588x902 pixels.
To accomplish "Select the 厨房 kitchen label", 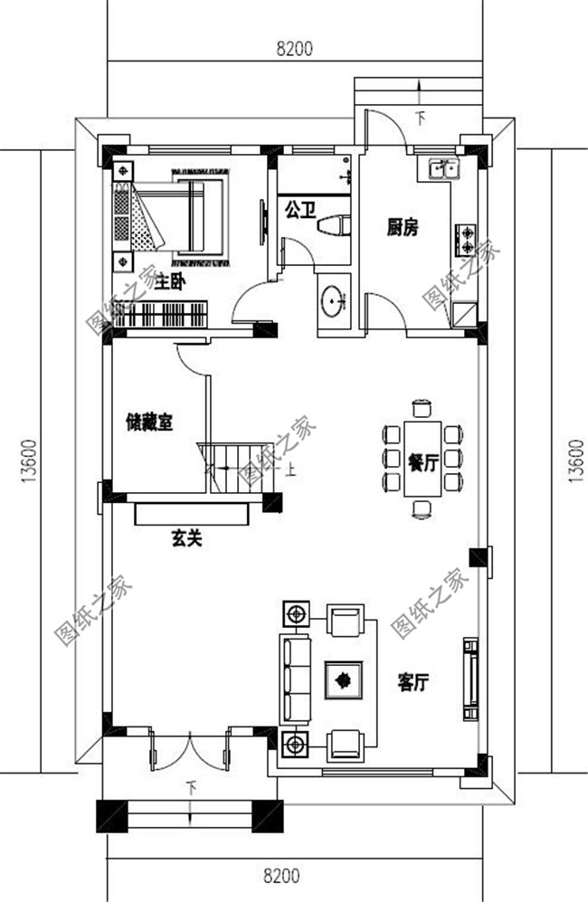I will coord(403,228).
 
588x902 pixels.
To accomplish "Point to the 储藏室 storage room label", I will coord(149,422).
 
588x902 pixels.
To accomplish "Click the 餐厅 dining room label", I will coord(422,463).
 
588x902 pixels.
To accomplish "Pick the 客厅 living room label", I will coord(413,683).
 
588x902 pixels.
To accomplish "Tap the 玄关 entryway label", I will coord(185,539).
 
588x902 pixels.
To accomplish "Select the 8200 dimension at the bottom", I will coord(281,876).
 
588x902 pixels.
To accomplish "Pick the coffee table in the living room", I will coord(344,679).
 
